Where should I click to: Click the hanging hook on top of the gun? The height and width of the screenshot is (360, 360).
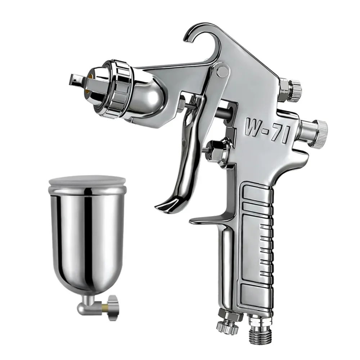[196, 34]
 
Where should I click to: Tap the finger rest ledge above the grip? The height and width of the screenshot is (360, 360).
[209, 220]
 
